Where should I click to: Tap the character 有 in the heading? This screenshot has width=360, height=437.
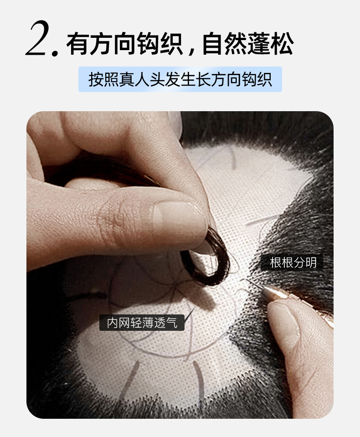[77, 44]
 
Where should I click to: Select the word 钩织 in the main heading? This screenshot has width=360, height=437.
[160, 44]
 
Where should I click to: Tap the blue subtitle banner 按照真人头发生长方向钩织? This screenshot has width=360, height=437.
[180, 79]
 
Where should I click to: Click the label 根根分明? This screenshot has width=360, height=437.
[293, 262]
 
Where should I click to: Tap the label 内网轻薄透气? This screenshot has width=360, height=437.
[142, 323]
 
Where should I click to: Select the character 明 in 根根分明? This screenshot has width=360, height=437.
[311, 262]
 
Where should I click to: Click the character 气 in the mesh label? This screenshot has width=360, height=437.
[172, 323]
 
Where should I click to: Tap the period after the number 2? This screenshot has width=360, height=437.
[55, 52]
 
